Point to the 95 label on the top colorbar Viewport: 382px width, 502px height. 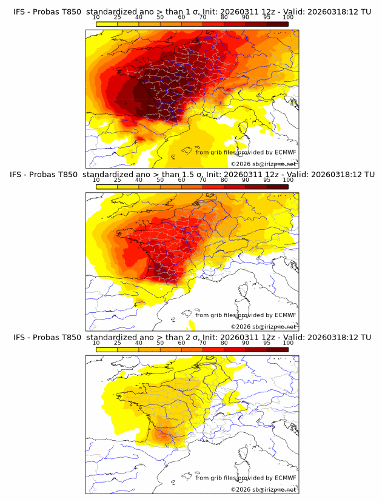pyautogui.click(x=267, y=18)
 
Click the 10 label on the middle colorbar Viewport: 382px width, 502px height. pyautogui.click(x=96, y=180)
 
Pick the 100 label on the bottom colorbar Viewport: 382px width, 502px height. pyautogui.click(x=288, y=343)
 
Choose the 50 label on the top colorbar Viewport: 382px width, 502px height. pyautogui.click(x=160, y=18)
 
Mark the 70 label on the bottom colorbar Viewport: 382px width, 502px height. pyautogui.click(x=203, y=343)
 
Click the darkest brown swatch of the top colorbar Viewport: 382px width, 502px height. pyautogui.click(x=278, y=24)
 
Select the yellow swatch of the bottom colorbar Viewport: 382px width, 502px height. pyautogui.click(x=107, y=349)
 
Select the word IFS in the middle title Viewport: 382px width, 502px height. pyautogui.click(x=16, y=174)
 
